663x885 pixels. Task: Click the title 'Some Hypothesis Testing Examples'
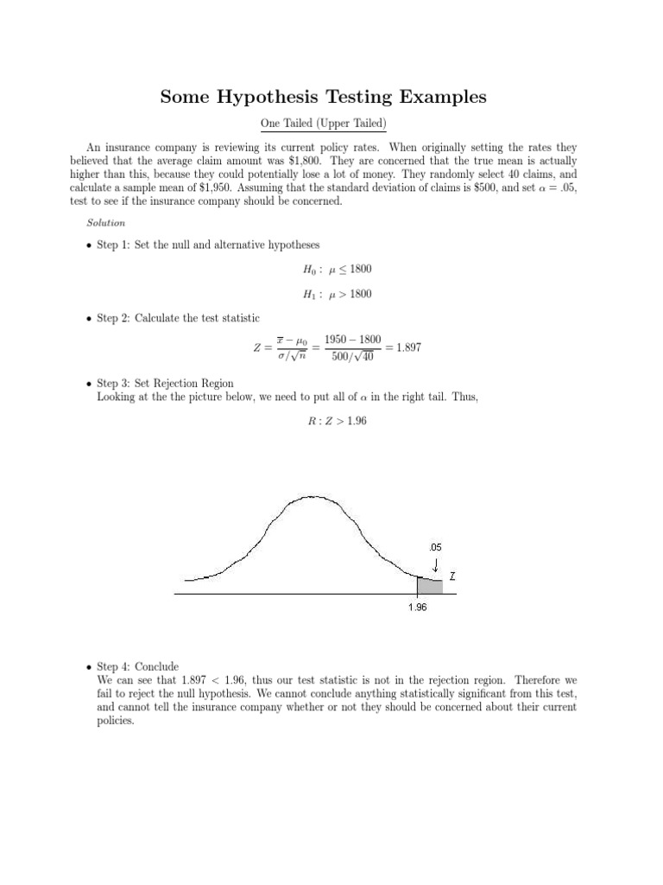click(x=324, y=98)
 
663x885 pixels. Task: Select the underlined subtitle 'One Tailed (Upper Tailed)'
click(x=323, y=124)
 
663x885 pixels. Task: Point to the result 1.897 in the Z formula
click(x=404, y=347)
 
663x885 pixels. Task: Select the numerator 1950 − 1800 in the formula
click(x=352, y=340)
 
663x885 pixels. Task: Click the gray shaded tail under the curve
click(x=429, y=586)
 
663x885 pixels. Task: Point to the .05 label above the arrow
click(x=435, y=547)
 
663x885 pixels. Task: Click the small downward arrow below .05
click(x=436, y=563)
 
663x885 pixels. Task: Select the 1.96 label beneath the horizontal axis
click(x=418, y=607)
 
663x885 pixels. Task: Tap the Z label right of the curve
click(x=453, y=575)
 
